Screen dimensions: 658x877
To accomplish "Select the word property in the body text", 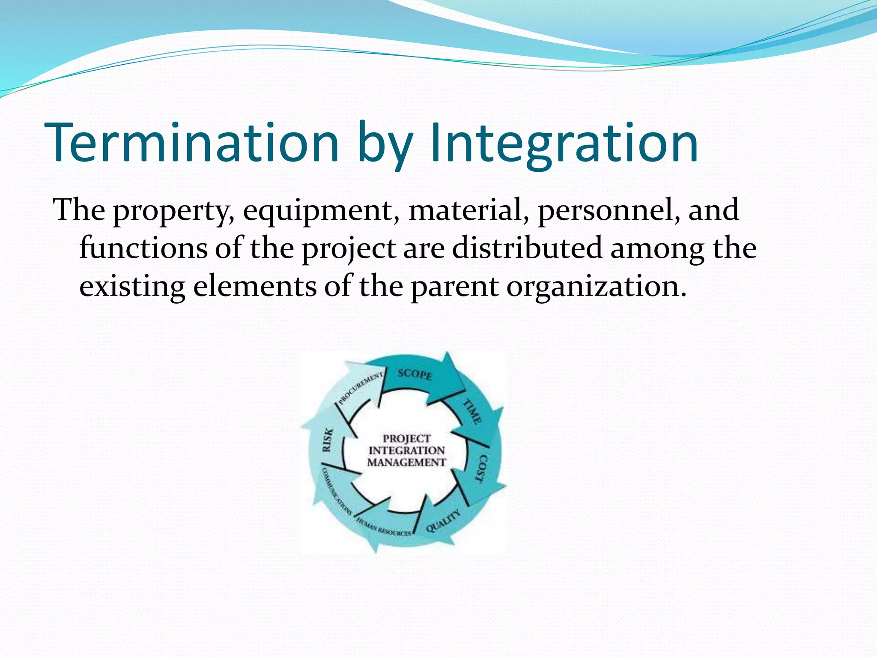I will [x=173, y=211].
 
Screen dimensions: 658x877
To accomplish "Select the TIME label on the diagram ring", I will [x=472, y=411].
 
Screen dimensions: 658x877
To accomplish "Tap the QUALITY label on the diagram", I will [x=444, y=521].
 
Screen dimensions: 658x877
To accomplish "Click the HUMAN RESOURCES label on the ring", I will [x=384, y=527].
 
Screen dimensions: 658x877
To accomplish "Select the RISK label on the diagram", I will [x=327, y=440].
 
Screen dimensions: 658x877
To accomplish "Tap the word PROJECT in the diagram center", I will [x=406, y=438].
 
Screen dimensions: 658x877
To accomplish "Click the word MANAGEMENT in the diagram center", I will [x=406, y=463].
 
